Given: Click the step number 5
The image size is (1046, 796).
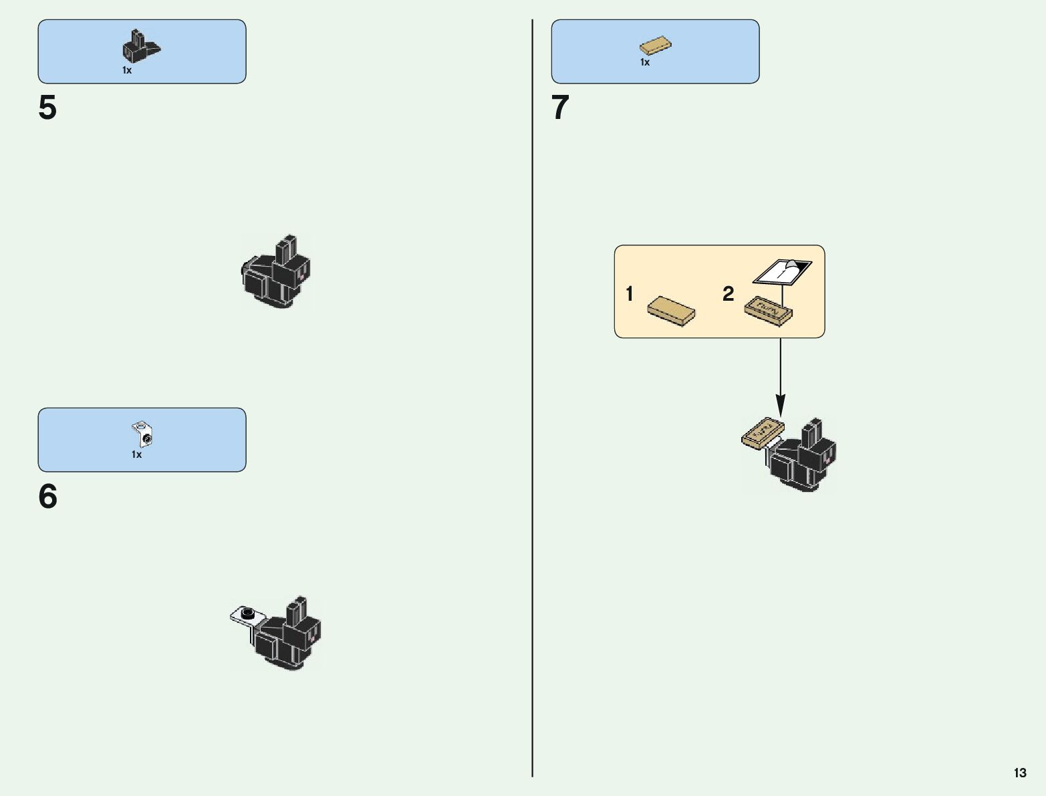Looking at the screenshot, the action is click(47, 108).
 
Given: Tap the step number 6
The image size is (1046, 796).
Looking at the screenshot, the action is click(47, 497).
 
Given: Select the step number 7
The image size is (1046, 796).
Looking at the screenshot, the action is click(560, 108).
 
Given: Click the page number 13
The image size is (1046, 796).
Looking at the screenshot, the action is click(1019, 773).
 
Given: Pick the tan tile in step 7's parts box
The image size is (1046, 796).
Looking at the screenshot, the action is click(655, 46).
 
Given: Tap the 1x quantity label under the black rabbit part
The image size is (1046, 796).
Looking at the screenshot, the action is click(127, 70).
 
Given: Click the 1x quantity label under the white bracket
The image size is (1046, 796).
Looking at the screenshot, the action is click(136, 454).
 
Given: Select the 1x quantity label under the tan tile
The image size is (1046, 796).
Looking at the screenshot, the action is click(645, 62).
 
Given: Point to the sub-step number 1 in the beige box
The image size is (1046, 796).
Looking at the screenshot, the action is click(629, 293).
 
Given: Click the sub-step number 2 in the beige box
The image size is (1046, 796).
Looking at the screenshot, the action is click(728, 293).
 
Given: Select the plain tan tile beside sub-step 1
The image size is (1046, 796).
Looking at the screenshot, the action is click(671, 311).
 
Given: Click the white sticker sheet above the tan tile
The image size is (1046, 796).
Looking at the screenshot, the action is click(782, 271).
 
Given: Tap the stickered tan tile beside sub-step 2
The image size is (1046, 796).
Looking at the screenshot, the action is click(769, 311).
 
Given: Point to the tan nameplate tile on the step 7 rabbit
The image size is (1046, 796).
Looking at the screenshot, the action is click(763, 432).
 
